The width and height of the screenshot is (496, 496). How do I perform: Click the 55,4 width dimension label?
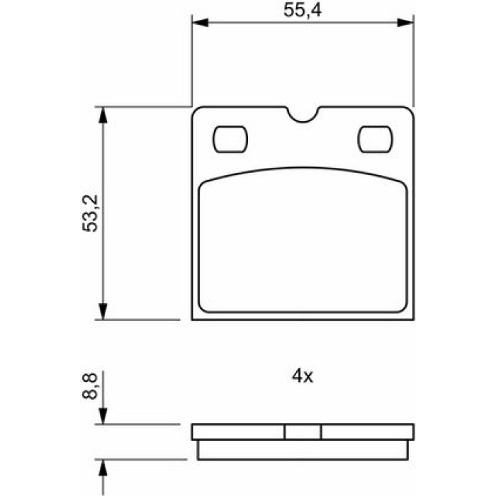(302, 10)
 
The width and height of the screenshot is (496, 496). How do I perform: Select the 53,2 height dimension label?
(90, 213)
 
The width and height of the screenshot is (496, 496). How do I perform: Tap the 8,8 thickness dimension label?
(90, 386)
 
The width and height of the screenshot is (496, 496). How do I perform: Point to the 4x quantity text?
(303, 376)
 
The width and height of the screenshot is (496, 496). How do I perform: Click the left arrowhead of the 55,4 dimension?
(200, 23)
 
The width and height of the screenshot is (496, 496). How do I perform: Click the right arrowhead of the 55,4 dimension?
(405, 23)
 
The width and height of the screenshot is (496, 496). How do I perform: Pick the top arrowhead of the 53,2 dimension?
(103, 115)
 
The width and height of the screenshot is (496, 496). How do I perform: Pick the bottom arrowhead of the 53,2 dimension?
(103, 311)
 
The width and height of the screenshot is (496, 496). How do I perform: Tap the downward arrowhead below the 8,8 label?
(103, 416)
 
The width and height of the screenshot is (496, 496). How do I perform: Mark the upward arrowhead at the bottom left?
(103, 468)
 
